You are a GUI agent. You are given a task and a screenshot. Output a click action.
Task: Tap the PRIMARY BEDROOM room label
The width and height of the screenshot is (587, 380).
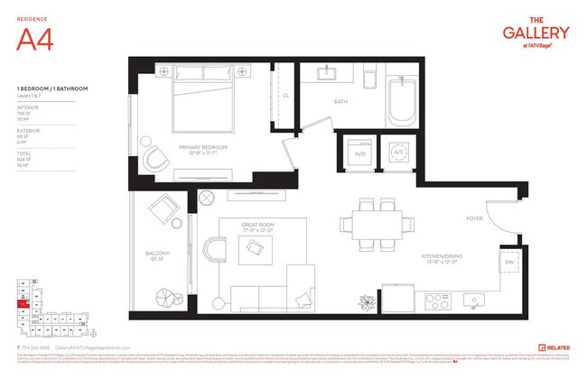(202, 149)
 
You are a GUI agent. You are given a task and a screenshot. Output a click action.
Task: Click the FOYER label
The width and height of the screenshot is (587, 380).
(474, 218)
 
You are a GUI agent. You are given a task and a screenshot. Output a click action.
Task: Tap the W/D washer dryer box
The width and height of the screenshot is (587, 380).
(359, 153)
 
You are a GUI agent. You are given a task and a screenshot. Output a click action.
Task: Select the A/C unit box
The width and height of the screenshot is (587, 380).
(397, 153)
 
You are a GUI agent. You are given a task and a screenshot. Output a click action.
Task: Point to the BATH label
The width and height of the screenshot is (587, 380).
(340, 102)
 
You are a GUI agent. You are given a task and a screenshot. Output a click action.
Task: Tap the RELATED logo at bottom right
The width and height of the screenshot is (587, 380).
(553, 347)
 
